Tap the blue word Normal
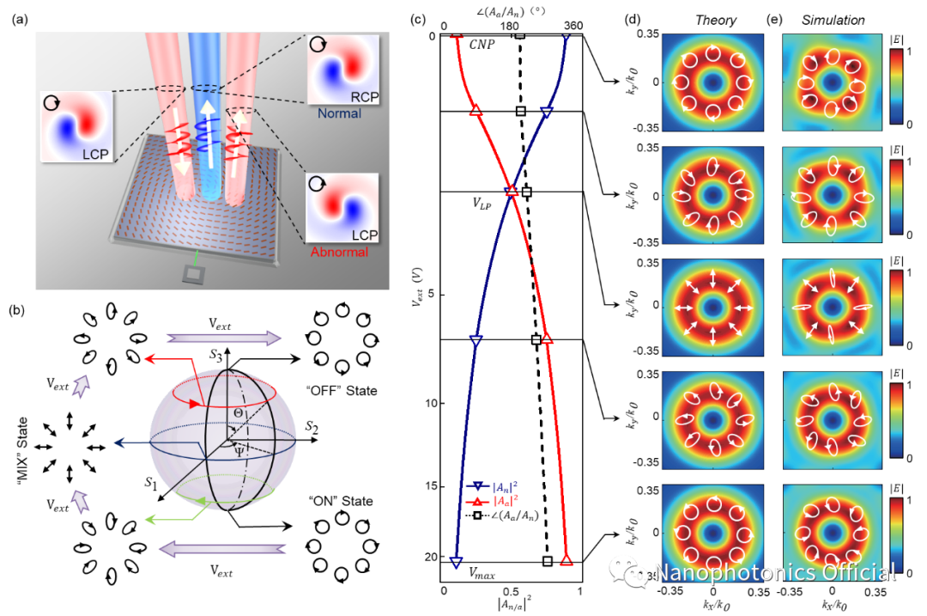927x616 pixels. [339, 113]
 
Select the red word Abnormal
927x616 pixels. [339, 252]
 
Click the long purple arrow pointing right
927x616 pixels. [223, 338]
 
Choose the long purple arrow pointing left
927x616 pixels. [222, 549]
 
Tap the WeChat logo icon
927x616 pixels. [629, 571]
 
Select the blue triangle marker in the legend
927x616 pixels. [478, 486]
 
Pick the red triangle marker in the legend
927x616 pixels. [478, 500]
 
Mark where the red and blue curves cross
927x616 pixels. [511, 192]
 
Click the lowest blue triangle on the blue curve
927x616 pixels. [456, 562]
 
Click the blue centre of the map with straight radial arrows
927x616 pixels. [712, 308]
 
